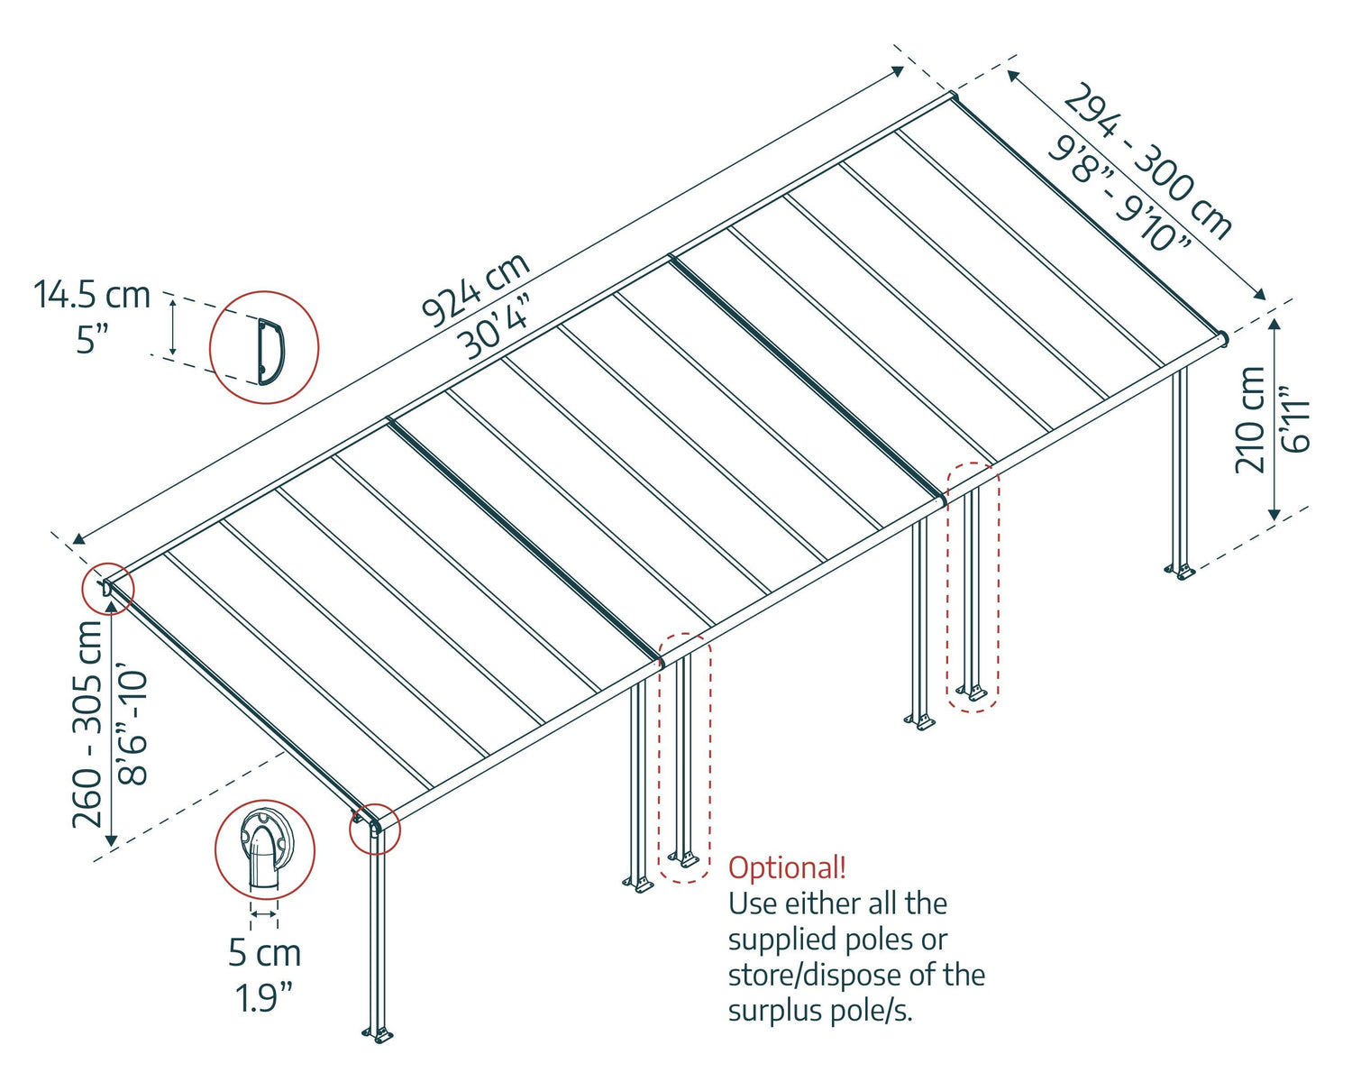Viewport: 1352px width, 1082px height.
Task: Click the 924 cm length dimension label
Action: coord(475,289)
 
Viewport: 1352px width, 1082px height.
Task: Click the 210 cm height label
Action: coord(1250,420)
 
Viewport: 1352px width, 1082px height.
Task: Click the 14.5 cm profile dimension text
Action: coord(91,295)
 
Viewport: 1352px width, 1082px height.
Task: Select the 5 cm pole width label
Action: coord(264,953)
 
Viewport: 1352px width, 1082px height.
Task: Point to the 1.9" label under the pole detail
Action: coord(264,998)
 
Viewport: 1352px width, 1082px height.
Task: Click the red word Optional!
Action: coord(787,868)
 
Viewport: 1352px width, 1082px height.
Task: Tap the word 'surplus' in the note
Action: coord(772,1011)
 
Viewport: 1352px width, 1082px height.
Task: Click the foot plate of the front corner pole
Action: coord(378,1035)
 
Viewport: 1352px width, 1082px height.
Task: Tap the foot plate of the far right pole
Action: coord(1179,571)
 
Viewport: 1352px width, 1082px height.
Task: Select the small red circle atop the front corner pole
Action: coord(374,828)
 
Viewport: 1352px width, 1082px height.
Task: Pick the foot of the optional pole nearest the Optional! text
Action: coord(683,857)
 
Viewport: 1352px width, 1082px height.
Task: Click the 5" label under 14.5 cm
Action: coord(91,340)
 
